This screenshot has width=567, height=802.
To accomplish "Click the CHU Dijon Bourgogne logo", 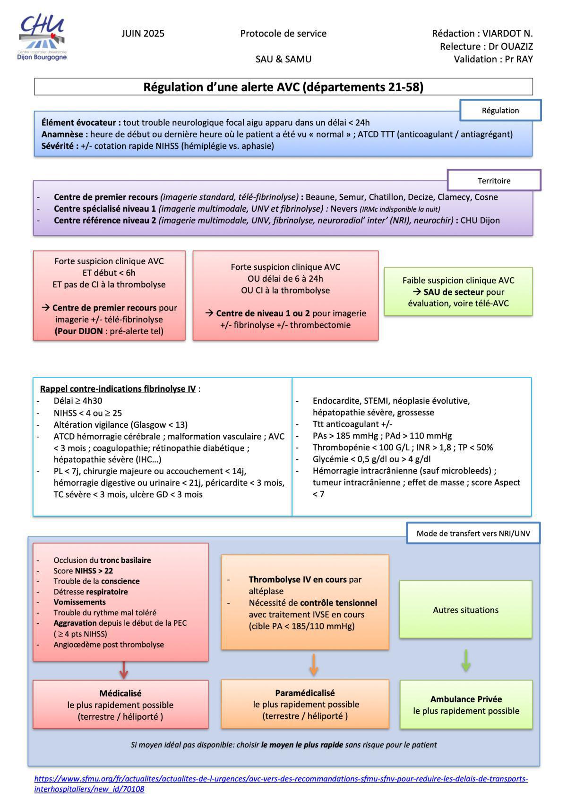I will pyautogui.click(x=43, y=38).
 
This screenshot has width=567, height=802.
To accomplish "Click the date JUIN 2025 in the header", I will pyautogui.click(x=143, y=34).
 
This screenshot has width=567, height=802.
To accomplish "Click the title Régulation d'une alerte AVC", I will pyautogui.click(x=283, y=87).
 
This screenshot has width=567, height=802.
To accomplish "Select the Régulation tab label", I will pyautogui.click(x=500, y=111).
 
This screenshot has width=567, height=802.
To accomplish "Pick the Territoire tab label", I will pyautogui.click(x=494, y=181).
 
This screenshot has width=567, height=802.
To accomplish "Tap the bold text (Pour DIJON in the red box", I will pyautogui.click(x=79, y=331).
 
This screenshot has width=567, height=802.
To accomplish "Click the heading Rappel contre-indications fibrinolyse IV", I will pyautogui.click(x=118, y=389).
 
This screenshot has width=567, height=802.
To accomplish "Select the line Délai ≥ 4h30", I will pyautogui.click(x=78, y=401).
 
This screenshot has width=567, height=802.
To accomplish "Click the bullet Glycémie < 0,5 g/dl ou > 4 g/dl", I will pyautogui.click(x=371, y=459).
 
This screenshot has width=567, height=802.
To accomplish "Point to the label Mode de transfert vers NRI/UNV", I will pyautogui.click(x=473, y=534).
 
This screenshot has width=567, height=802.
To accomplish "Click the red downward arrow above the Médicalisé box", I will pyautogui.click(x=124, y=670).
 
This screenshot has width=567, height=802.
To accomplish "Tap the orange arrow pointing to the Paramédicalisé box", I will pyautogui.click(x=314, y=664).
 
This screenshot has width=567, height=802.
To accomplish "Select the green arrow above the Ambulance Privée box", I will pyautogui.click(x=466, y=661).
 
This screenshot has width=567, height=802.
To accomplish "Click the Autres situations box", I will pyautogui.click(x=465, y=610).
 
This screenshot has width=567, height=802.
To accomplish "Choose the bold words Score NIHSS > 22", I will pyautogui.click(x=83, y=571).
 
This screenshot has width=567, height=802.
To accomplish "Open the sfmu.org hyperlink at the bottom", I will pyautogui.click(x=281, y=779).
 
